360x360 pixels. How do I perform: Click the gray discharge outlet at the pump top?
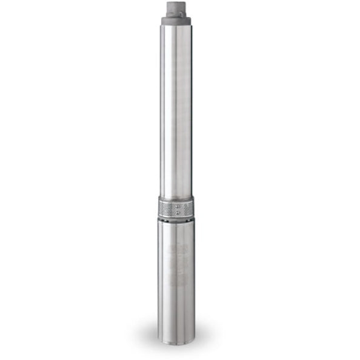176,8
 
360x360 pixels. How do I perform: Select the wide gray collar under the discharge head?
176,21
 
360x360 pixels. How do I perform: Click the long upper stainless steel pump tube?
176,109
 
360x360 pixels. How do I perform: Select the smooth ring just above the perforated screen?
176,199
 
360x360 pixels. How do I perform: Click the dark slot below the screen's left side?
165,219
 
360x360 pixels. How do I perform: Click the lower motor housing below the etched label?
176,309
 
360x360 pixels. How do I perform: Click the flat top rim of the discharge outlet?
176,3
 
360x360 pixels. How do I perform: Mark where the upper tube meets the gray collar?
176,25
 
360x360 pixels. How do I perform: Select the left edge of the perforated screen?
160,210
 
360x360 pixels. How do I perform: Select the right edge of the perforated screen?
192,210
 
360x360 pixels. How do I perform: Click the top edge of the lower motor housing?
176,222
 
